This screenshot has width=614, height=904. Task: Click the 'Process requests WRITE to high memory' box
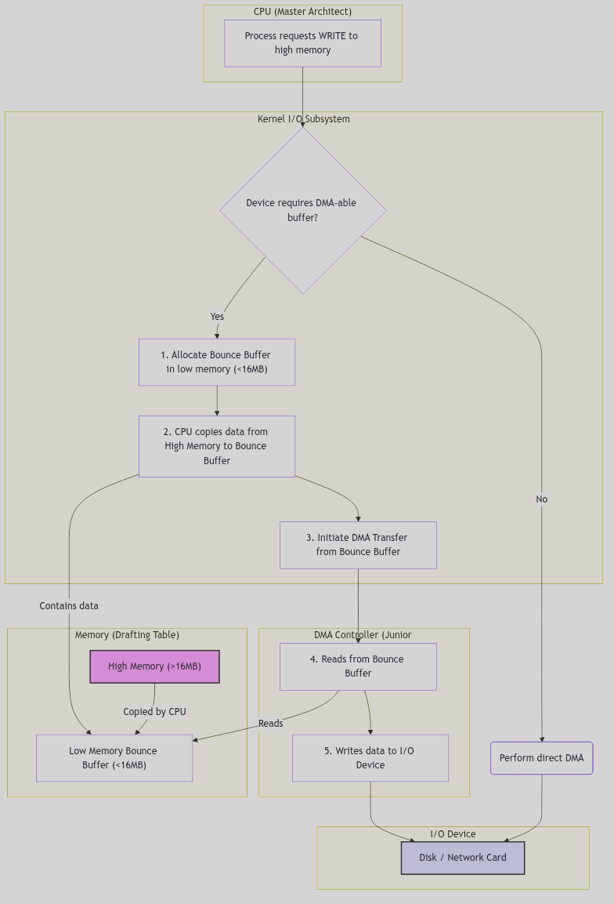(x=302, y=43)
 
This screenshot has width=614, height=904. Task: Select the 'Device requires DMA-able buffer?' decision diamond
(x=302, y=210)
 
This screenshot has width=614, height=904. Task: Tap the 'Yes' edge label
(x=217, y=317)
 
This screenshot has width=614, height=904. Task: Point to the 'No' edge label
(x=541, y=499)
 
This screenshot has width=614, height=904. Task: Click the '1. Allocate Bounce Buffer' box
(x=217, y=362)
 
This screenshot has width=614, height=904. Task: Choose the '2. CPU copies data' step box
(x=217, y=446)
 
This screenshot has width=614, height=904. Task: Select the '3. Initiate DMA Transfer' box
(x=358, y=545)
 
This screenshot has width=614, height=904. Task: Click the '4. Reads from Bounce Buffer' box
(x=358, y=666)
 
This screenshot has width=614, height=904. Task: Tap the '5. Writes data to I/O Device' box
(x=370, y=758)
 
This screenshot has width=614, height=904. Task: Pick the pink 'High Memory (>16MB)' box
(x=154, y=666)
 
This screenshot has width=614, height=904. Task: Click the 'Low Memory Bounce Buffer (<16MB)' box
(x=114, y=758)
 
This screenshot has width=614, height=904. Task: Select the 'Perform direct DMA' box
(x=541, y=758)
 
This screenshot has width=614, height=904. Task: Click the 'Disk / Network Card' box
(x=462, y=858)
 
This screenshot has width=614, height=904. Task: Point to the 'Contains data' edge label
(x=69, y=606)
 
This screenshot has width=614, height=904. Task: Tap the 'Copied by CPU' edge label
(x=154, y=712)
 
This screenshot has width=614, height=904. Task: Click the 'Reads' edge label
(x=270, y=724)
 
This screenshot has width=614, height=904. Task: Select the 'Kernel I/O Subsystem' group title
(x=304, y=119)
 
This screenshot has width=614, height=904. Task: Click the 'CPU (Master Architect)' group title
(x=302, y=12)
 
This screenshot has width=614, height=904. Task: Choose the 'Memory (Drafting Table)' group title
(x=127, y=635)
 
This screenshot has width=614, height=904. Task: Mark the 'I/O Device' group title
(x=453, y=834)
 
